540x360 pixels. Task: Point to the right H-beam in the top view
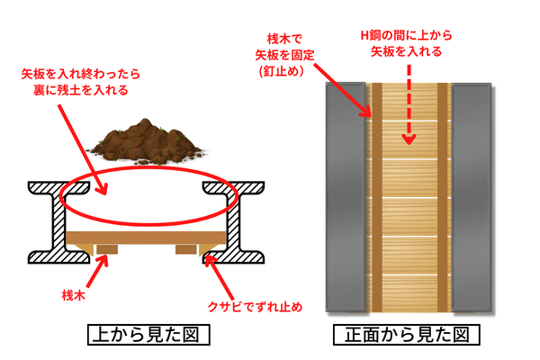(x=238, y=221)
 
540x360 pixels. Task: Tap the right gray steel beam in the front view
(x=472, y=198)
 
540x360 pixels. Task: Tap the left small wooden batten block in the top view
(x=107, y=247)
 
